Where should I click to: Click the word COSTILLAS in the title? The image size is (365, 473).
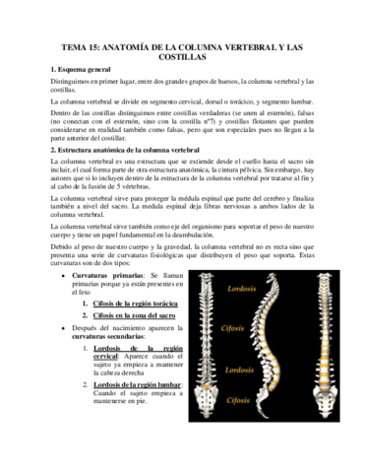coord(182,58)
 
